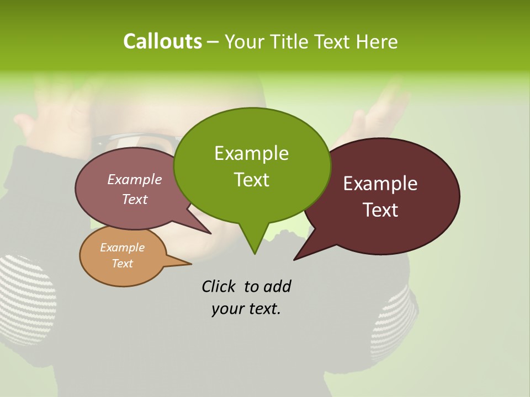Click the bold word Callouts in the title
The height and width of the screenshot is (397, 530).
pos(162,41)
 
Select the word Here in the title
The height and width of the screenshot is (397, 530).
pos(377,42)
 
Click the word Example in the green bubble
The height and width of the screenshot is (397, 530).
pos(251,153)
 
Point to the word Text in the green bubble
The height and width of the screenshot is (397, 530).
pos(251,180)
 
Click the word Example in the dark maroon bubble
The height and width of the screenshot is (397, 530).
pos(380,184)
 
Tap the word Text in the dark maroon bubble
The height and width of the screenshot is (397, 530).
pos(380,210)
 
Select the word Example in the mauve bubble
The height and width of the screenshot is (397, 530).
pos(134,179)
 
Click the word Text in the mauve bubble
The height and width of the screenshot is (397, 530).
pos(134,199)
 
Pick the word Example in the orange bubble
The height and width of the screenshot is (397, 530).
pos(122,248)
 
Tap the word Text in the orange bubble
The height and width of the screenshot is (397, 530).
pos(122,264)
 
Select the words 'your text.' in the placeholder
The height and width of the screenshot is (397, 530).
pos(246,309)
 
